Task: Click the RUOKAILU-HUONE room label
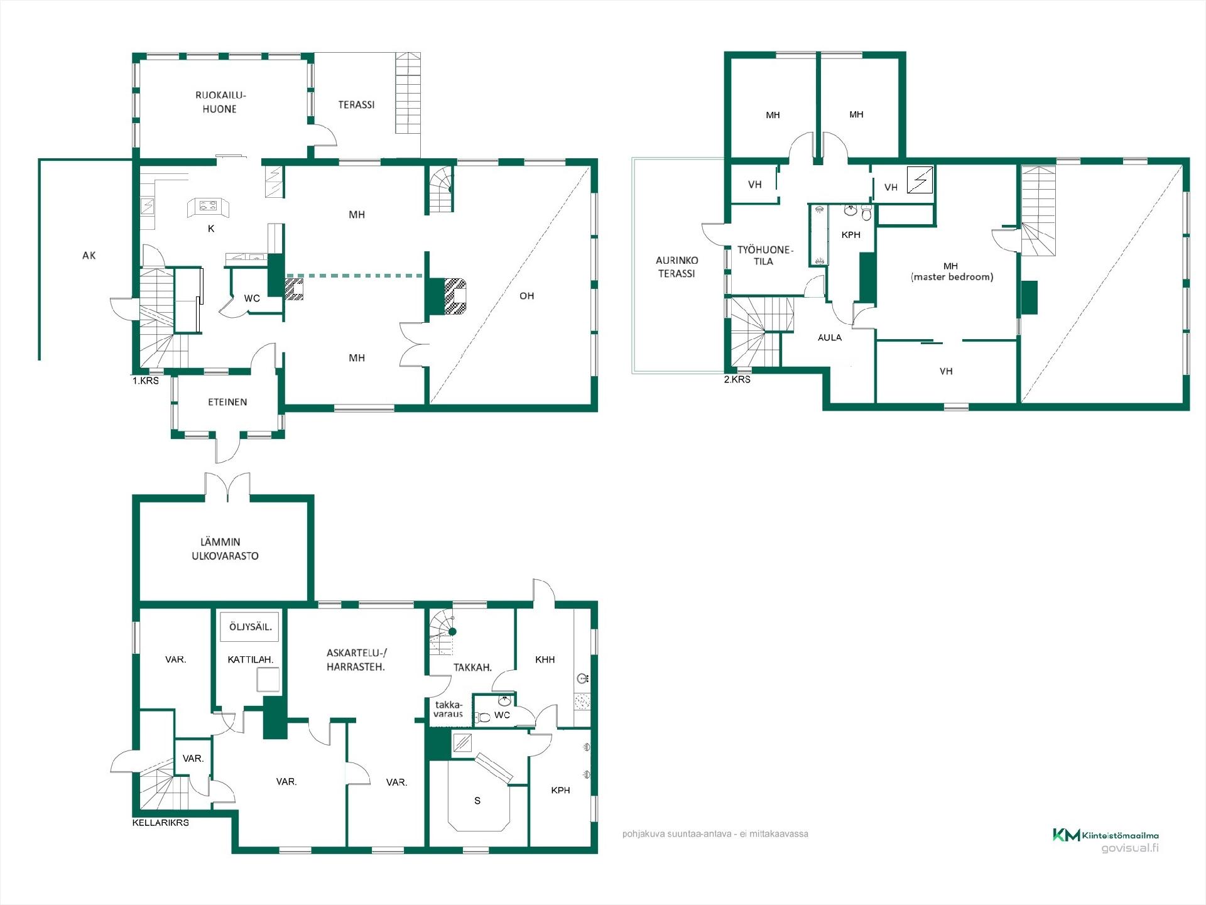pos(220,102)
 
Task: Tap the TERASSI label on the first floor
pos(356,105)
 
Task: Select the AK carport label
pos(89,255)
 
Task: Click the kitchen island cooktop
pos(208,205)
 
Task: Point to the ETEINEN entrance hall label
pos(227,402)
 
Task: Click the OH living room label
pos(526,296)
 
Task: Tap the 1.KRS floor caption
pos(145,381)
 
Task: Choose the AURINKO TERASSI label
pos(676,267)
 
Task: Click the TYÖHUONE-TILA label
pos(764,256)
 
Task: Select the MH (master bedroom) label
pos(952,271)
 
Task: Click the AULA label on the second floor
pos(829,338)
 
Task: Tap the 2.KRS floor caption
pos(737,379)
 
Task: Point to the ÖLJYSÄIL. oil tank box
pos(250,627)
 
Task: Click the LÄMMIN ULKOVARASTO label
pos(225,549)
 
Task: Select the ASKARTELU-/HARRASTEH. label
pos(356,660)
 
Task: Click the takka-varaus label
pos(448,709)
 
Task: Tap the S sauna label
pos(477,801)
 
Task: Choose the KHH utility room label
pos(545,659)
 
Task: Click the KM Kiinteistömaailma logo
pos(1105,835)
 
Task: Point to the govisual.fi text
pos(1130,848)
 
